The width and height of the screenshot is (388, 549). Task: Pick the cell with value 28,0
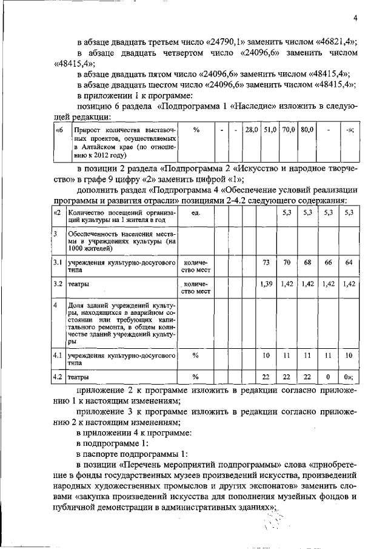pyautogui.click(x=251, y=130)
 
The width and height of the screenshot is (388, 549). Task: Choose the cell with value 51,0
pyautogui.click(x=270, y=130)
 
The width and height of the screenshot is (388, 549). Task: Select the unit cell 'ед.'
pyautogui.click(x=196, y=213)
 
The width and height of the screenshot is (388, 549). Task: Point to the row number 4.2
pyautogui.click(x=57, y=377)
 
